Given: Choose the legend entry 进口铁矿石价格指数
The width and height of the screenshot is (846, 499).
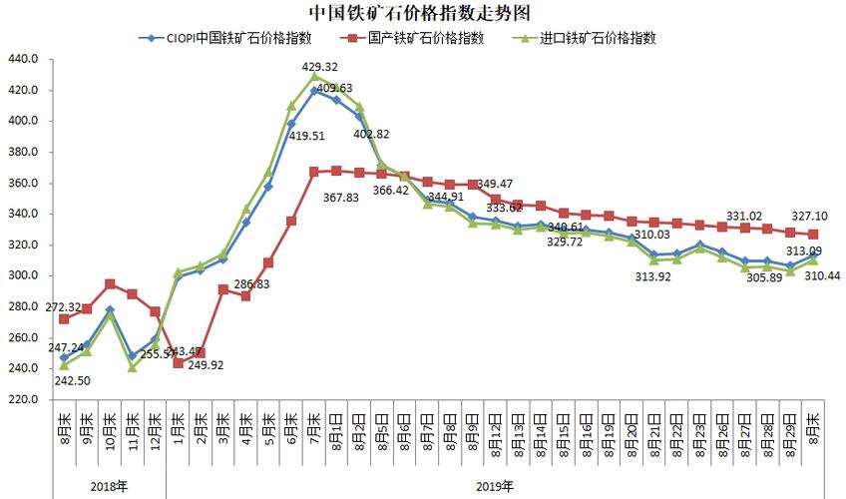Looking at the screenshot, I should [598, 39].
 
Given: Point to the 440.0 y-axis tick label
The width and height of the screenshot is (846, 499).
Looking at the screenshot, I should [22, 59].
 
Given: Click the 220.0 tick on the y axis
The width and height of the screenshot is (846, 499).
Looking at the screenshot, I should [22, 399].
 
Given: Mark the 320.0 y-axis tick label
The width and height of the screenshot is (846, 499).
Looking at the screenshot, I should [22, 245].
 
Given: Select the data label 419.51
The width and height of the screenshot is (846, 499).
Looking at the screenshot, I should [305, 137].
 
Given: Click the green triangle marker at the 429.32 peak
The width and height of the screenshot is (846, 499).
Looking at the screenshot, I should [315, 76].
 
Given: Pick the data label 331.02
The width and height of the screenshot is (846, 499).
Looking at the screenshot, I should [744, 215].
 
